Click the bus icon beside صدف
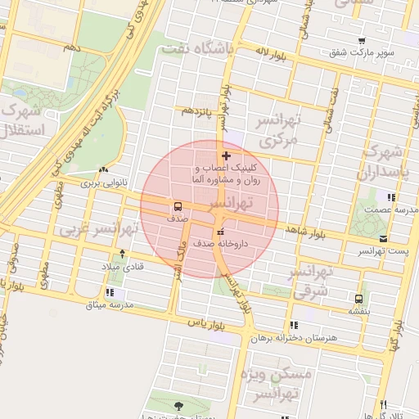tap(178, 206)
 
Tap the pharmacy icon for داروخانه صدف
tap(219, 232)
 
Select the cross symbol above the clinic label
tap(226, 155)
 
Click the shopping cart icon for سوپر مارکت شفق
tap(361, 41)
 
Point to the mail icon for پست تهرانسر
tap(384, 238)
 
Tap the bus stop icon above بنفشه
tap(358, 299)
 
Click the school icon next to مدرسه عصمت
tap(391, 197)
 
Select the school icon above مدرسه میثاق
tap(110, 292)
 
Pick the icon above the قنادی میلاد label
tap(122, 255)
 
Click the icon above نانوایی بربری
tap(103, 170)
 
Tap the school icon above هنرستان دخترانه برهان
tap(293, 325)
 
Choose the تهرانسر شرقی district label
tap(310, 281)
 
